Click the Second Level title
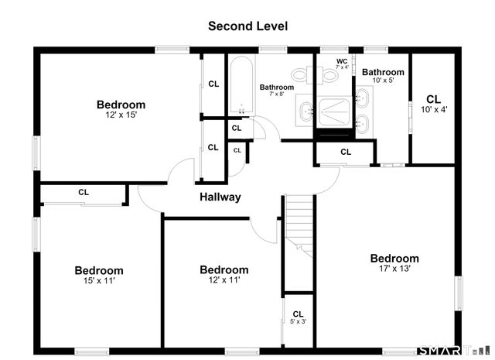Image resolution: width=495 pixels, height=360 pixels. (247, 26)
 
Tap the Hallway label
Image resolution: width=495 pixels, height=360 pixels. (220, 197)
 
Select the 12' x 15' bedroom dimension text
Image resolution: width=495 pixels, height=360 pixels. (121, 115)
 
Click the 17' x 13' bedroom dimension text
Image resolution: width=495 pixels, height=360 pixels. (394, 269)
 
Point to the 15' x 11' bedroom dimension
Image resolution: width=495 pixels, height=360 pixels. (99, 281)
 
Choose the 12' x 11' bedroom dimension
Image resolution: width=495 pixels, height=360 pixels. (224, 280)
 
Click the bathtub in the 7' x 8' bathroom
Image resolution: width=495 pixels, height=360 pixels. (242, 85)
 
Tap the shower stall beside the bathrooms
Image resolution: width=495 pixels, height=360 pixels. (334, 111)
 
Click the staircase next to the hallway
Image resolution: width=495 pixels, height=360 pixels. (299, 225)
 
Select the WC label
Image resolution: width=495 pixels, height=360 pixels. (342, 61)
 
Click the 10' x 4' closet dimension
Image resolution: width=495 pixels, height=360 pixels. (434, 110)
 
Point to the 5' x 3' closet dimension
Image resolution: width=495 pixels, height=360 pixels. (299, 322)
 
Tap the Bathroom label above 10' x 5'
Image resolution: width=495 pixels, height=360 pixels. (383, 72)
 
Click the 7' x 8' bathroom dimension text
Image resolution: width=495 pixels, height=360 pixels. (277, 94)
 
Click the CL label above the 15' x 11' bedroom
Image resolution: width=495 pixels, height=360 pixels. (84, 192)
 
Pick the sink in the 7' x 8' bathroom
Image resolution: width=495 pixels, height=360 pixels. (306, 111)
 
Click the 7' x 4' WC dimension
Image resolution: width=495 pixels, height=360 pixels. (342, 67)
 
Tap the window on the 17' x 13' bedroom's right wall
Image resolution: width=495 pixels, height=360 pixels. (459, 293)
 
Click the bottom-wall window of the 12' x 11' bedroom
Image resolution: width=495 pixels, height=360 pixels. (242, 351)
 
